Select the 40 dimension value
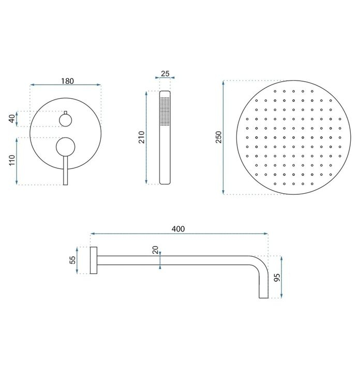click(11, 119)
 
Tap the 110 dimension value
click(11, 161)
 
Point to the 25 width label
click(165, 73)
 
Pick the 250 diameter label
click(218, 137)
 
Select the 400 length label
click(178, 228)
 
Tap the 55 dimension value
click(72, 260)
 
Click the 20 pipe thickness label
click(155, 251)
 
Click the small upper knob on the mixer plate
click(65, 120)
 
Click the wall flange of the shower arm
click(93, 260)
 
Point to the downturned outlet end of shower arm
click(263, 289)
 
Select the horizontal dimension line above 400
click(178, 234)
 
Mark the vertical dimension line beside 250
click(223, 137)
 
